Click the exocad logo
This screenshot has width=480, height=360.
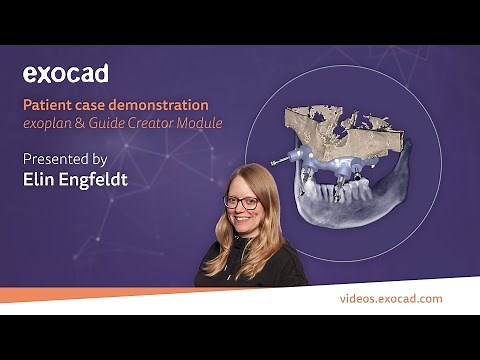point(65,73)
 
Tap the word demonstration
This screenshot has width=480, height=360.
point(160,104)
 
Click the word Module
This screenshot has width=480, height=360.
point(200,124)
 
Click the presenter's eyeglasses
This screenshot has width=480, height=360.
point(241,202)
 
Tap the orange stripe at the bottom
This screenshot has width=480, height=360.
point(150,294)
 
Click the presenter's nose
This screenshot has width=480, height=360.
point(242,211)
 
